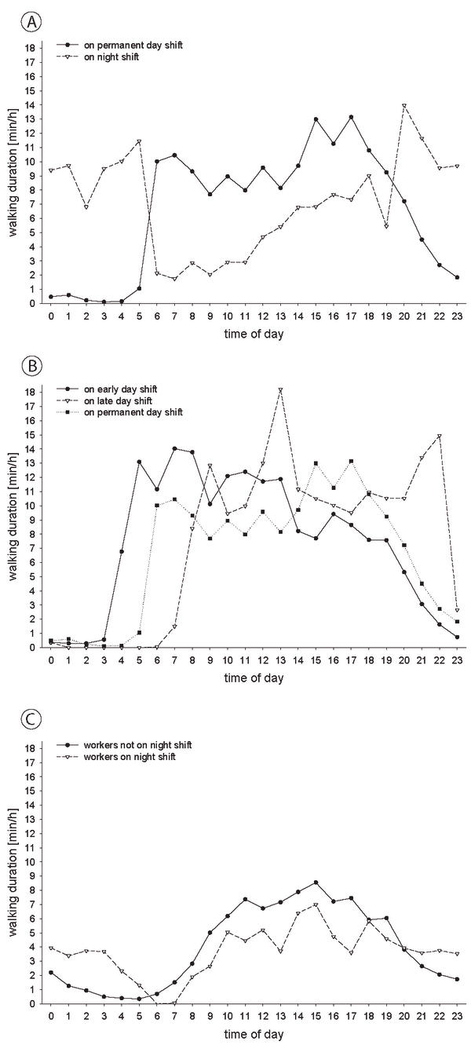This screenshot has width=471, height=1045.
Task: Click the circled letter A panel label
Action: click(x=31, y=22)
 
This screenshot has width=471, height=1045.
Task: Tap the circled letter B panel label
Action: click(x=31, y=366)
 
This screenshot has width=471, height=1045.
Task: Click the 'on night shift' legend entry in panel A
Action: click(x=98, y=57)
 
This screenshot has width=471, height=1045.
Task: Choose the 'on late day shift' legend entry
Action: click(x=104, y=400)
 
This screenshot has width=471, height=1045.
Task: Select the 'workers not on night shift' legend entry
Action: click(x=124, y=745)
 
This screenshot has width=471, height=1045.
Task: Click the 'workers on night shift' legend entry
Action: click(x=116, y=757)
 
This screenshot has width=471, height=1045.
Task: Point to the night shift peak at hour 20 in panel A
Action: click(x=403, y=105)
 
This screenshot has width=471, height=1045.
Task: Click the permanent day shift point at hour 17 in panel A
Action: click(x=351, y=117)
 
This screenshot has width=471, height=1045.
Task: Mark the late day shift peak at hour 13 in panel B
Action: click(x=280, y=389)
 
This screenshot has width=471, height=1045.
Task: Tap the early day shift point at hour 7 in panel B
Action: click(x=174, y=449)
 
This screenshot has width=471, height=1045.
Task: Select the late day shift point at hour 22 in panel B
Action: click(x=440, y=437)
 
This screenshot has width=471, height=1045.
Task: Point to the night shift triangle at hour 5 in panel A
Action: click(x=139, y=141)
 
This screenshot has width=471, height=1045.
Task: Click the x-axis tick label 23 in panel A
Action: click(x=457, y=316)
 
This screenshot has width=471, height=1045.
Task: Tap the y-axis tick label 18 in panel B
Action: click(x=31, y=393)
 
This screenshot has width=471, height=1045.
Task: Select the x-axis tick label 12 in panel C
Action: click(x=262, y=1016)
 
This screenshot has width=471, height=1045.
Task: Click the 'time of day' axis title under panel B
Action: click(x=254, y=678)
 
